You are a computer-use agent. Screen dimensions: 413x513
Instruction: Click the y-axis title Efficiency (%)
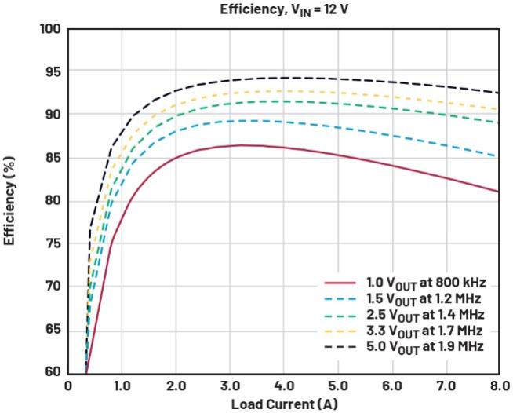10,200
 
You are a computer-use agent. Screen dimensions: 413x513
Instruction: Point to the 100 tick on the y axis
52,29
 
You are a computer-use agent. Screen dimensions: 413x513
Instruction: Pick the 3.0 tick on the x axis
229,386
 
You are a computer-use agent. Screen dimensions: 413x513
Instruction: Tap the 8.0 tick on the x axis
499,386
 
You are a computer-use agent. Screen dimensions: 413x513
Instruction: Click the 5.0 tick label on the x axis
337,386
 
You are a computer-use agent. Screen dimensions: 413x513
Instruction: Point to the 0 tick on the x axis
68,386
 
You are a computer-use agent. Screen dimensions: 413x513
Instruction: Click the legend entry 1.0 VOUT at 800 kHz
424,283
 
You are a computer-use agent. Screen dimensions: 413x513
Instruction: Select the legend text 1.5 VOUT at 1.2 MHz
424,298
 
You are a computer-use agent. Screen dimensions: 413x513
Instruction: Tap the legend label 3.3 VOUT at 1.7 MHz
424,330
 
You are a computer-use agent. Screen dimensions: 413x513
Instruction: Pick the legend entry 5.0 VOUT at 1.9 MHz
424,345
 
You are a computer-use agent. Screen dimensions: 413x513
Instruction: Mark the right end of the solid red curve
498,192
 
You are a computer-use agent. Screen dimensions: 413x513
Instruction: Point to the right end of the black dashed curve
498,93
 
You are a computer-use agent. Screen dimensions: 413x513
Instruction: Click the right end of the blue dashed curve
498,156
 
